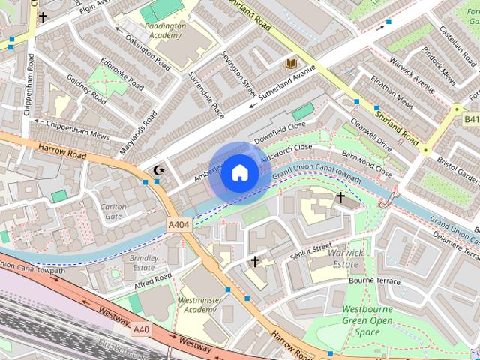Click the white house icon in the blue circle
pos(239,172)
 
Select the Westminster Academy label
pos(199,304)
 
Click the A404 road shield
pos(178,224)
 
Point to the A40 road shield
pos(141,328)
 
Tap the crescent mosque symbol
pos(158,171)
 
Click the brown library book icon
pos(290,64)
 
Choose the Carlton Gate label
pos(113,211)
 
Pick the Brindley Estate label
pos(144,262)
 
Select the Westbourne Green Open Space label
pos(367,320)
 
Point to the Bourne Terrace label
pos(376,280)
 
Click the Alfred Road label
pos(153,279)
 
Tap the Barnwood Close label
pos(367,163)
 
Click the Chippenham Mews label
pos(77,130)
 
